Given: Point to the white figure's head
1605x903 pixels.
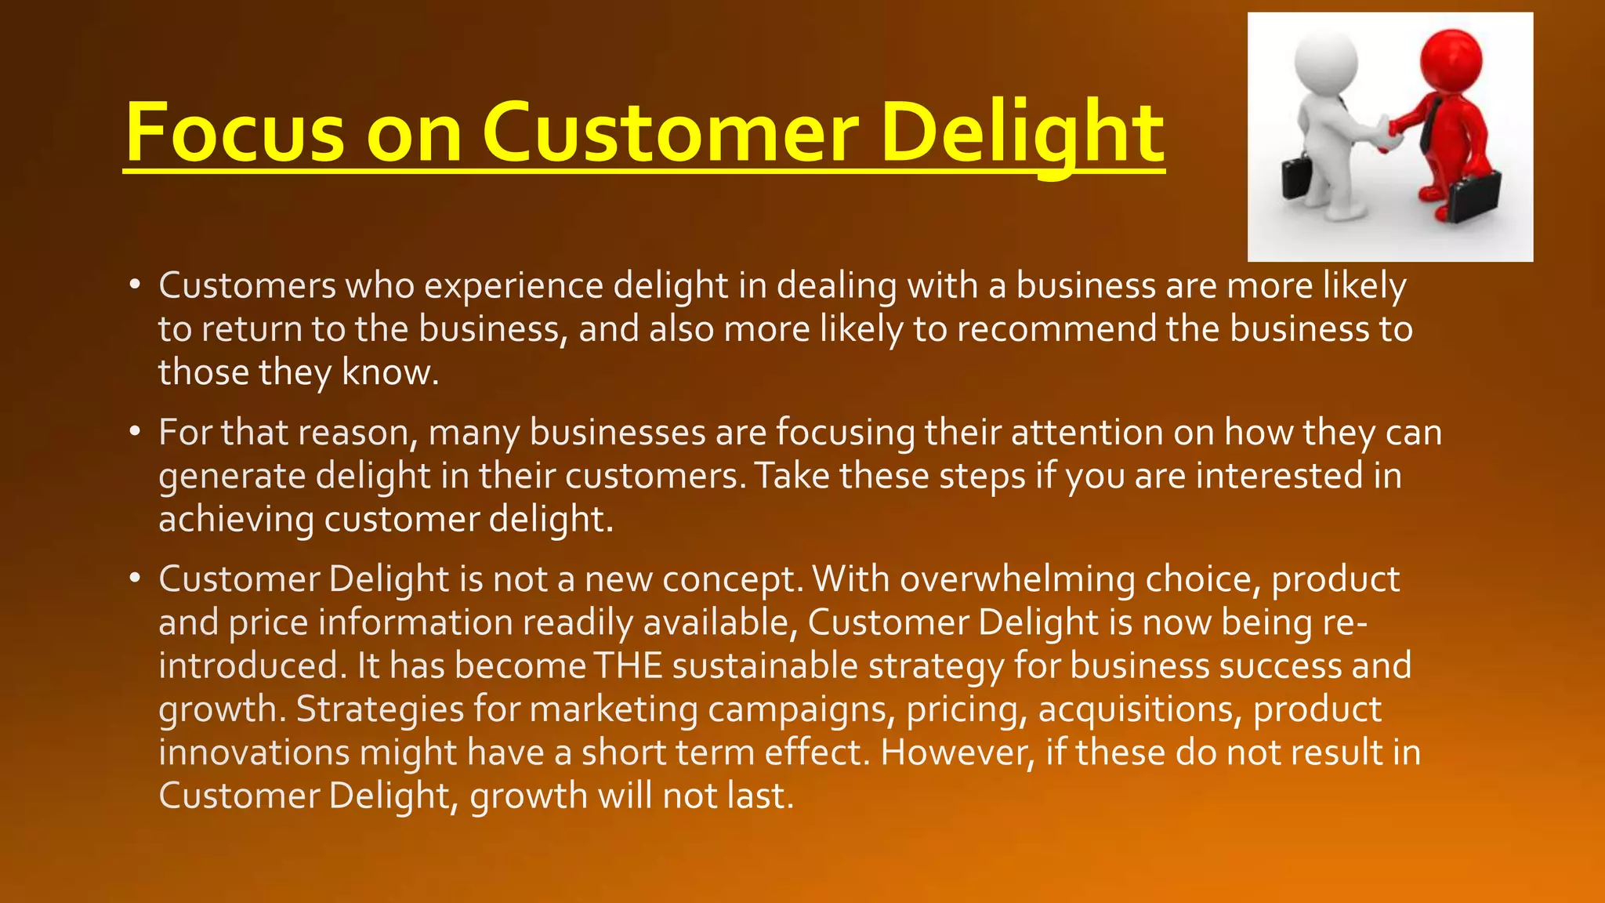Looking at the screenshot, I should (1325, 61).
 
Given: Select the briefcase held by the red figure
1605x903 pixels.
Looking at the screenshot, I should (1473, 196).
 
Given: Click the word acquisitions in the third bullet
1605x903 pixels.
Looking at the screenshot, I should (1140, 709).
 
